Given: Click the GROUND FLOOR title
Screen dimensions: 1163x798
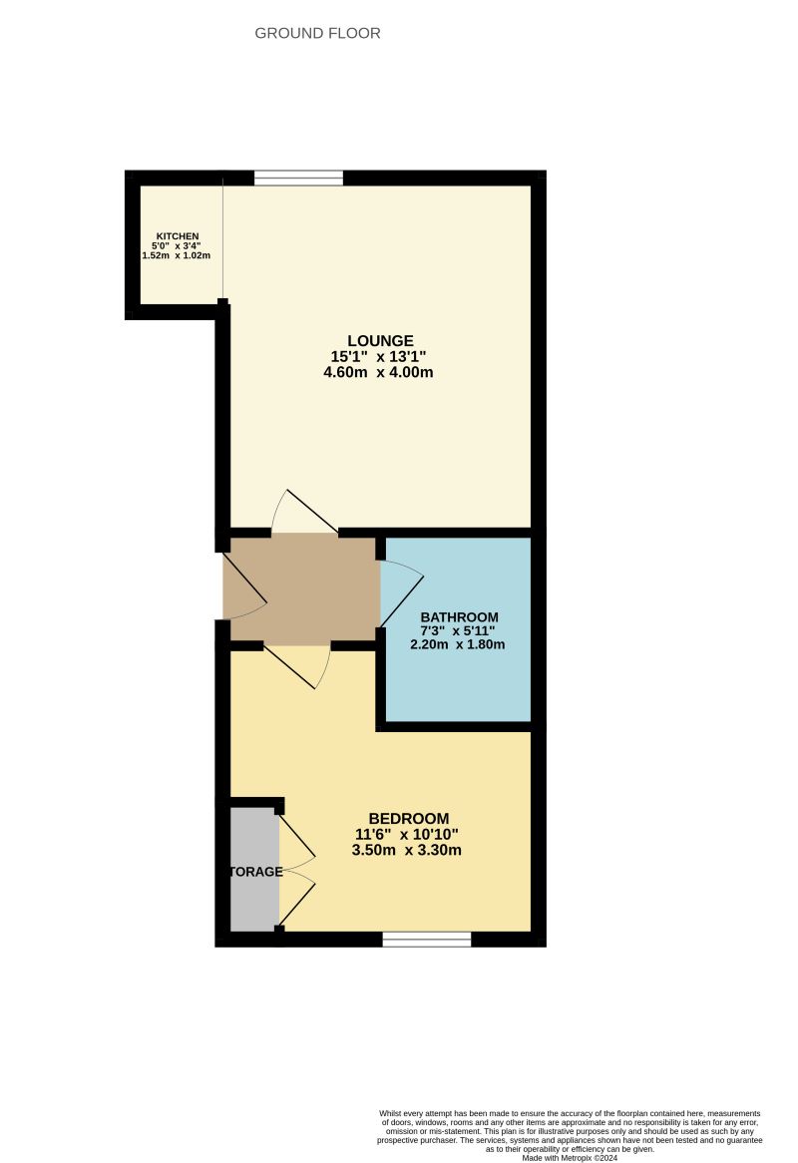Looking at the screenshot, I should point(317,33).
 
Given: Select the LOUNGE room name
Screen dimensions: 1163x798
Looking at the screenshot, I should point(380,340).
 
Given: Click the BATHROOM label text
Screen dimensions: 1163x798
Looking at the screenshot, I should point(459,616).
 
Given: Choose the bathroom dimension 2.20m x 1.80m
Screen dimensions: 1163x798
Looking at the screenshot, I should point(458,644).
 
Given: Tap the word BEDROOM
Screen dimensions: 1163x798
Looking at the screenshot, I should point(408,818).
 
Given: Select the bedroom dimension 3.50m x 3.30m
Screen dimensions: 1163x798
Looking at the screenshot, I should point(407,851).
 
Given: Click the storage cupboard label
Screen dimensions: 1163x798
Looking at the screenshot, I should point(256,871).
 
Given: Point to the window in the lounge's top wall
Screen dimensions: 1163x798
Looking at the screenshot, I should point(298,179).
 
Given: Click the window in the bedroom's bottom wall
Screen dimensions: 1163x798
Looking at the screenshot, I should point(426,939).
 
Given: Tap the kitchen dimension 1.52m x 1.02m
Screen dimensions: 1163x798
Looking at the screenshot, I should point(177,256).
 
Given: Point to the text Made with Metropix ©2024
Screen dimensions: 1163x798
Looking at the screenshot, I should point(569,1157).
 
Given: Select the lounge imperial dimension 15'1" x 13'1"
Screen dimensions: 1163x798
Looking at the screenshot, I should point(380,356).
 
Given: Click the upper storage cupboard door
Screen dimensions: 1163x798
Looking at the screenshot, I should point(296,838).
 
